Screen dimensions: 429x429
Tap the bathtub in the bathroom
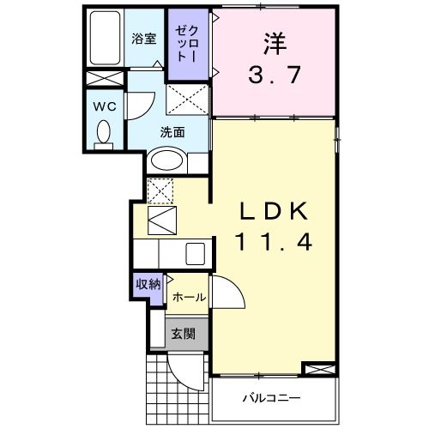click(x=106, y=39)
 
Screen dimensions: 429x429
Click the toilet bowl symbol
click(x=105, y=133)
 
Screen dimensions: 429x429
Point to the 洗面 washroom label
click(x=172, y=132)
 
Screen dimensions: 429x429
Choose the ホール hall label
click(x=189, y=297)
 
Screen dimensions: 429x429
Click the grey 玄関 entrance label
click(x=181, y=334)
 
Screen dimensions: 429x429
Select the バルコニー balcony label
click(x=269, y=398)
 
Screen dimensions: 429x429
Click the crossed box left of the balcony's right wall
click(x=317, y=370)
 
